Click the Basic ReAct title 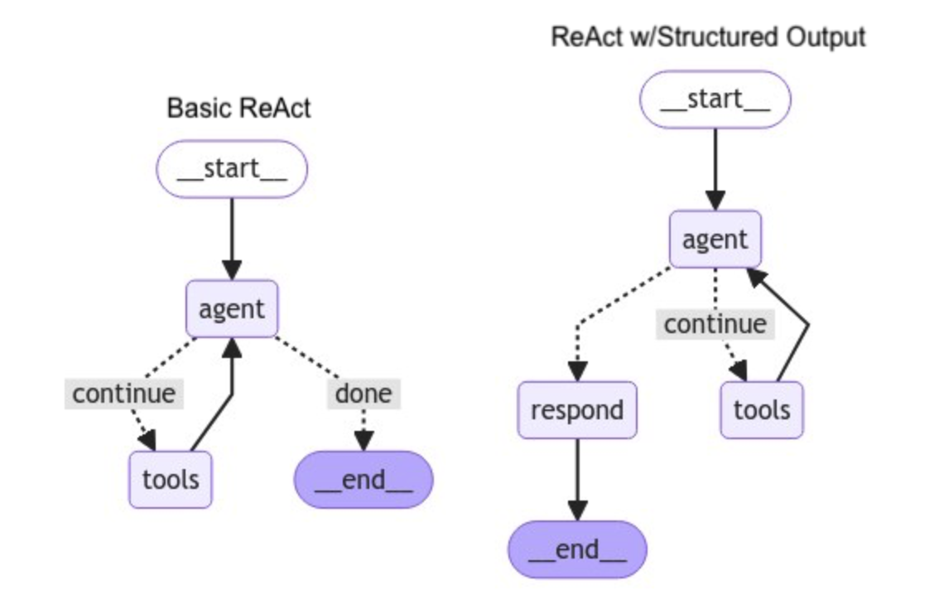click(238, 109)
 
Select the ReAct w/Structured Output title click(708, 37)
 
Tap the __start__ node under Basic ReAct click(232, 169)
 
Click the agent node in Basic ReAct click(232, 308)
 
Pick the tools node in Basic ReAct click(171, 479)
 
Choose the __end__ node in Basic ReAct click(364, 479)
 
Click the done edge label click(364, 394)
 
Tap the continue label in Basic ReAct click(124, 394)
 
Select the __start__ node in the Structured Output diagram click(715, 99)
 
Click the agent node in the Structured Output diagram click(715, 239)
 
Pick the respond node click(577, 410)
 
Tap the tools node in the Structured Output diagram click(762, 410)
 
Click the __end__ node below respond click(577, 549)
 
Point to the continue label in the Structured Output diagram click(715, 324)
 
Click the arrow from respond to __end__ click(577, 479)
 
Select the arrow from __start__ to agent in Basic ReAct click(232, 239)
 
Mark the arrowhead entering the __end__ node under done click(364, 442)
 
